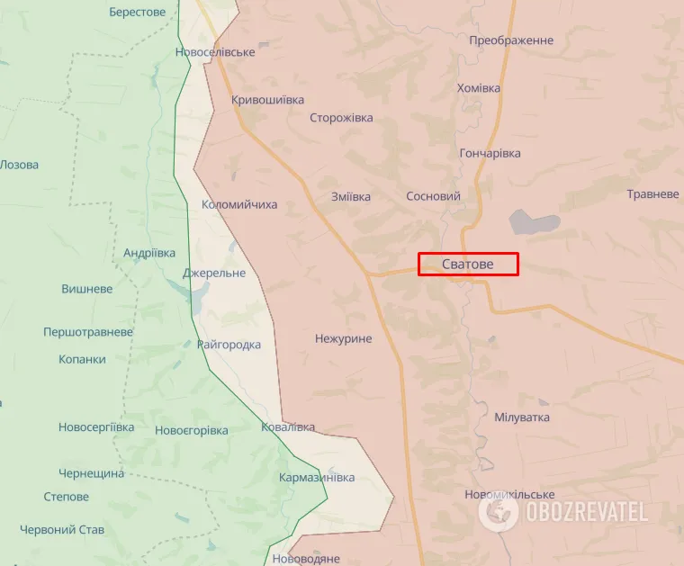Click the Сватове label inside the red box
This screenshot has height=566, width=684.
point(468,264)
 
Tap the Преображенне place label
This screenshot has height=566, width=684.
point(511,40)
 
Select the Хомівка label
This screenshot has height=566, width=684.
point(479,87)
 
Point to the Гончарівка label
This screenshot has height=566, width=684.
point(490,153)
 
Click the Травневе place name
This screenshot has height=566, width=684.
point(652,194)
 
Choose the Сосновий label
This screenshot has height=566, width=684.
point(433,196)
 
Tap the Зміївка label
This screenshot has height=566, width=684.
point(351,196)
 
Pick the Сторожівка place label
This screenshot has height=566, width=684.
point(341,118)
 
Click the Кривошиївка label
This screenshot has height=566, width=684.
point(267,100)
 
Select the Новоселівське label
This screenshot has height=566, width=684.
point(216,51)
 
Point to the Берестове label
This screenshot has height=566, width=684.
point(137,12)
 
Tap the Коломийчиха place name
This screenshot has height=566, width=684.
point(239,204)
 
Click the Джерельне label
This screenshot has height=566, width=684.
point(213,273)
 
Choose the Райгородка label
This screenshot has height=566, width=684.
point(229,345)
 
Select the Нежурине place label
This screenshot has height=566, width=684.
point(343,339)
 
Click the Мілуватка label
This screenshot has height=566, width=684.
point(522,418)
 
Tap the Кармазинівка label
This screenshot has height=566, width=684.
point(317,477)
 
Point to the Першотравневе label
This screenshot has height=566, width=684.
point(88,332)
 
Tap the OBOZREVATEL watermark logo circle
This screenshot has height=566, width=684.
point(498,512)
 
